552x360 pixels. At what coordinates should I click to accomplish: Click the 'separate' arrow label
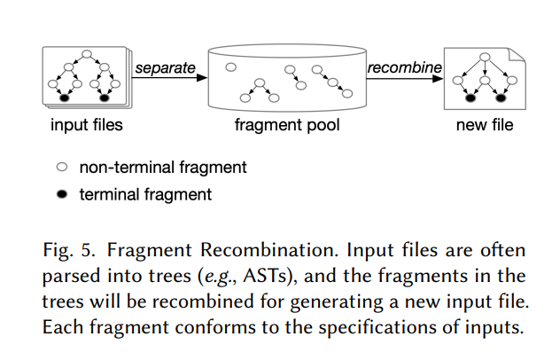(x=165, y=67)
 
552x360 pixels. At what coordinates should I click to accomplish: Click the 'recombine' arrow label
(x=404, y=67)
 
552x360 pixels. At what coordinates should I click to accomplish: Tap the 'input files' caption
(x=86, y=125)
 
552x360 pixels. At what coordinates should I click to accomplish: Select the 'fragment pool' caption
(x=286, y=125)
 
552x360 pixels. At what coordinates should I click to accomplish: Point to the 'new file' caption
(x=484, y=125)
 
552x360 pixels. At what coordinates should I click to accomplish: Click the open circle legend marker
(x=62, y=166)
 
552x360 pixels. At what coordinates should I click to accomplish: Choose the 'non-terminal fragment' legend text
(x=163, y=166)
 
